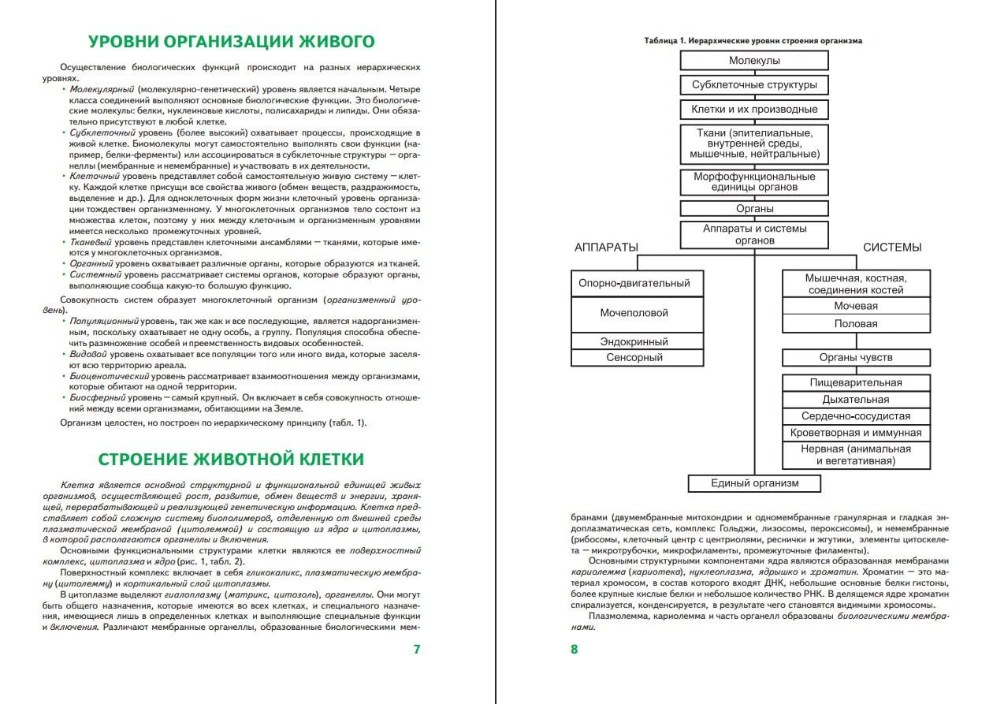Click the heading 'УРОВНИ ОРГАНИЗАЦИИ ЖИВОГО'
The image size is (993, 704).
pyautogui.click(x=231, y=41)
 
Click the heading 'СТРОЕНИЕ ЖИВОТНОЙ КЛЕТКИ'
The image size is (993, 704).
pyautogui.click(x=230, y=459)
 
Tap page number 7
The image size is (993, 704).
pyautogui.click(x=417, y=650)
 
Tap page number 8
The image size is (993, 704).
pyautogui.click(x=574, y=650)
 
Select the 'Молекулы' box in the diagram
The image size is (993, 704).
pyautogui.click(x=754, y=61)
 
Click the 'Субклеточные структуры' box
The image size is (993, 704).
pyautogui.click(x=754, y=85)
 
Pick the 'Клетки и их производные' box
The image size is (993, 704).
pyautogui.click(x=754, y=110)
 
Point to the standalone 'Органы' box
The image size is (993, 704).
pyautogui.click(x=754, y=209)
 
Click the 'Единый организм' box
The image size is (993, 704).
pyautogui.click(x=754, y=483)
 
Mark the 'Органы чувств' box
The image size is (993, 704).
pyautogui.click(x=855, y=358)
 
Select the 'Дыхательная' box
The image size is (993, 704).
pyautogui.click(x=855, y=400)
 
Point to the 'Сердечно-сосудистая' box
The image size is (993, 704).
pyautogui.click(x=855, y=416)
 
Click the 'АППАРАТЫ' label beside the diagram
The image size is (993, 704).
pyautogui.click(x=606, y=248)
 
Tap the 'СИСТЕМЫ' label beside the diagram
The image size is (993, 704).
pyautogui.click(x=891, y=248)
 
